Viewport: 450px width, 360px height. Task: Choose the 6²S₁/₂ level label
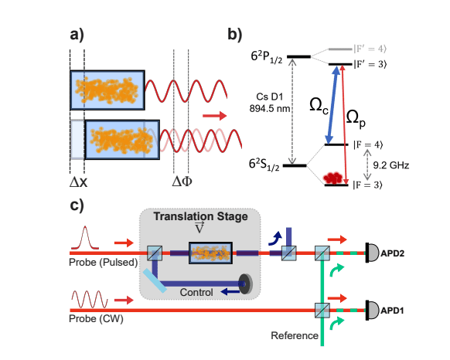(265, 165)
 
